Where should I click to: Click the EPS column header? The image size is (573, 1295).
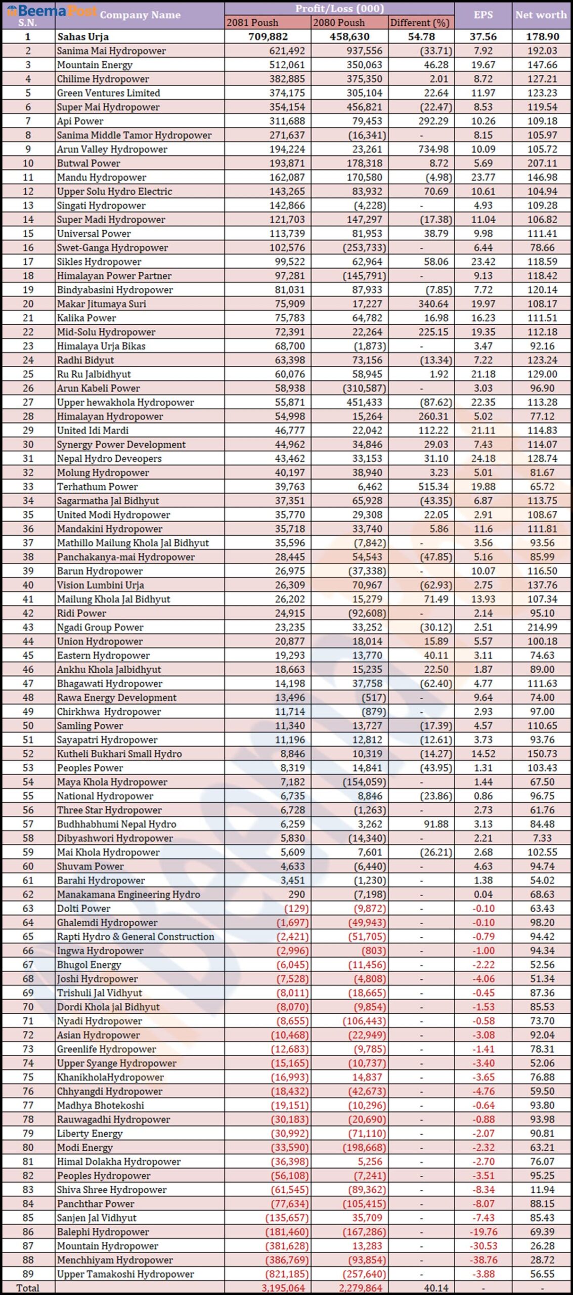coord(483,15)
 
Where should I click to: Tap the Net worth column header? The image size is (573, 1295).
coord(541,15)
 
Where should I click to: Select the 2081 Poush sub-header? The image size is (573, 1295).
coord(252,23)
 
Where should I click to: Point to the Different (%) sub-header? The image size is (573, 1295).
coord(420,23)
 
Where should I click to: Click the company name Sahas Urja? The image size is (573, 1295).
coord(83,37)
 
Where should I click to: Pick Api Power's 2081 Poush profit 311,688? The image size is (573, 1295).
coord(287,121)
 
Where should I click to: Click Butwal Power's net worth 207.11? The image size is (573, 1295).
coord(542,163)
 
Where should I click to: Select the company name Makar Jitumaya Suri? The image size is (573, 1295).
coord(102,304)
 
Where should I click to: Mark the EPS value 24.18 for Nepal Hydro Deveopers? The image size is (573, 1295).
coord(483,459)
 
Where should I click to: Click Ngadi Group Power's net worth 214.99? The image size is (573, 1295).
coord(542,627)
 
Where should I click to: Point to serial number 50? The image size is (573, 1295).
coord(28,726)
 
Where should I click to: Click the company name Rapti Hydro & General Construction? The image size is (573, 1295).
coord(136,937)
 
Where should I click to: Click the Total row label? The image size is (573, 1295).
coord(28,1288)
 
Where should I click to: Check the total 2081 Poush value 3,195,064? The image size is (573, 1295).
coord(283,1288)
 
